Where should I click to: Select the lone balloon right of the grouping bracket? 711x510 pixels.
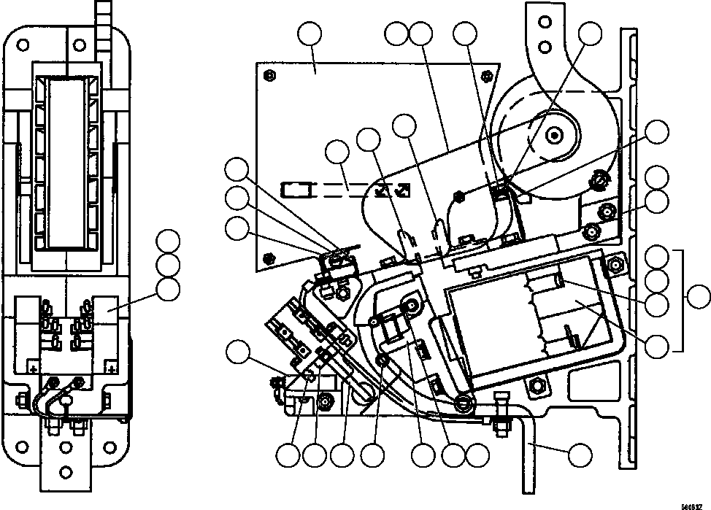[x=699, y=297]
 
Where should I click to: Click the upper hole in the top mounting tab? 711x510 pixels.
[x=542, y=23]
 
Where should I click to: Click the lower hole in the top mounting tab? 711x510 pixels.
[x=542, y=47]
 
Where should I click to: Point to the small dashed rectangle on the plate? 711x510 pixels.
[x=296, y=191]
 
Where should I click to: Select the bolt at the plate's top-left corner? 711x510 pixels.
[x=270, y=75]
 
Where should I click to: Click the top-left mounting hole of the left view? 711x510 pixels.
[x=23, y=45]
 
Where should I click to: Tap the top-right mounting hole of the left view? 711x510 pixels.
[x=113, y=45]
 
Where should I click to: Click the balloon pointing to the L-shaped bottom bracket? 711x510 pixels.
[x=580, y=455]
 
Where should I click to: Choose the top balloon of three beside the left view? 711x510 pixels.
[x=169, y=242]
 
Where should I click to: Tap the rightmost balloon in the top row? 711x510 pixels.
[x=590, y=34]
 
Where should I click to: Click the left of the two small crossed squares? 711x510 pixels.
[x=382, y=190]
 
